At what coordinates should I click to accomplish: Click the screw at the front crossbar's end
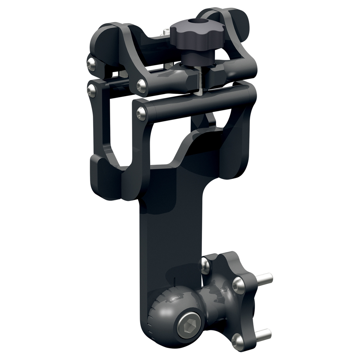pos(141,113)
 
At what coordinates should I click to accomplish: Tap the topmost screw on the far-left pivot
pos(90,64)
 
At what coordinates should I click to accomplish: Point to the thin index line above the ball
pos(174,282)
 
